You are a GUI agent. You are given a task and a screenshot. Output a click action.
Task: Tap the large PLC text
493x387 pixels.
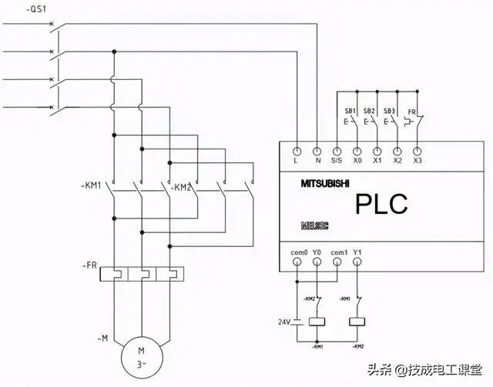381,204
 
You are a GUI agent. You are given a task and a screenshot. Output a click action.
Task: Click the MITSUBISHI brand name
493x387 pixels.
324,184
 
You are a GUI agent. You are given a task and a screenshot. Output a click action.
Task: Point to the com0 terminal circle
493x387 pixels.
297,262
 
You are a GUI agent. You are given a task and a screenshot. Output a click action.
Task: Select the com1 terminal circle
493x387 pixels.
337,262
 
